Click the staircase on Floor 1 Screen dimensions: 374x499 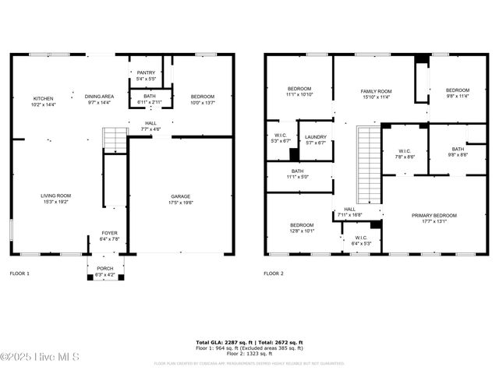click(115, 140)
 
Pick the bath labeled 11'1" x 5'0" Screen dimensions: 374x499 click(297, 174)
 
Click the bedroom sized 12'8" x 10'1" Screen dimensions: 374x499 click(302, 228)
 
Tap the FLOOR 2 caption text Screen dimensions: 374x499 click(274, 273)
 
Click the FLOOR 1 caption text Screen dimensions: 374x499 click(19, 273)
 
